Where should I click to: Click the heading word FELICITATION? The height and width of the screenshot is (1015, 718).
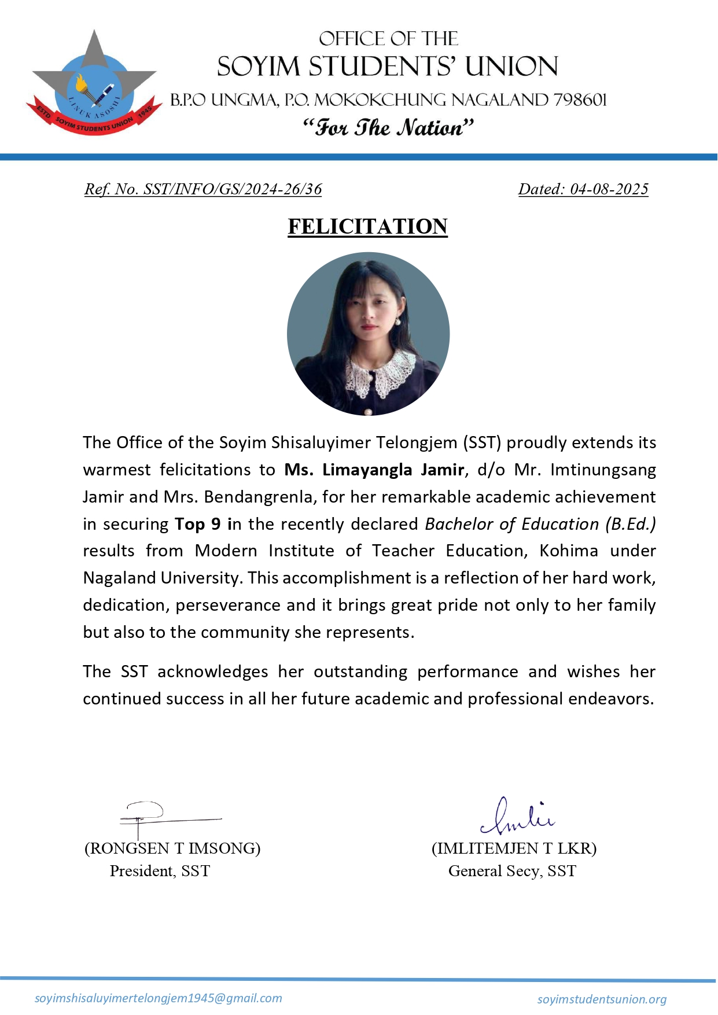click(367, 227)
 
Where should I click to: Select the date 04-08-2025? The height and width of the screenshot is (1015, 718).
click(609, 189)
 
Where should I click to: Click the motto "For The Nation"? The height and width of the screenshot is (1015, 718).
click(388, 128)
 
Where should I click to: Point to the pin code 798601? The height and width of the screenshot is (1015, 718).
click(580, 100)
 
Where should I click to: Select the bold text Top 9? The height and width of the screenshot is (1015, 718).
click(198, 524)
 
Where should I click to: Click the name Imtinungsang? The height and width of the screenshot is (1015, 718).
click(602, 470)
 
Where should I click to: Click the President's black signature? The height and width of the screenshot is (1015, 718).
click(150, 816)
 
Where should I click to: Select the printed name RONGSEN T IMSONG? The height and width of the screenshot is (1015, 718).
click(172, 848)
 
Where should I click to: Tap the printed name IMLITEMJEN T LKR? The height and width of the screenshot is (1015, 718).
click(514, 848)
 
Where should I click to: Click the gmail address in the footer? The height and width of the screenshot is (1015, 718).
click(159, 998)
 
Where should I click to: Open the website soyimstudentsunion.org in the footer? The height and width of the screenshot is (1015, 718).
click(602, 999)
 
